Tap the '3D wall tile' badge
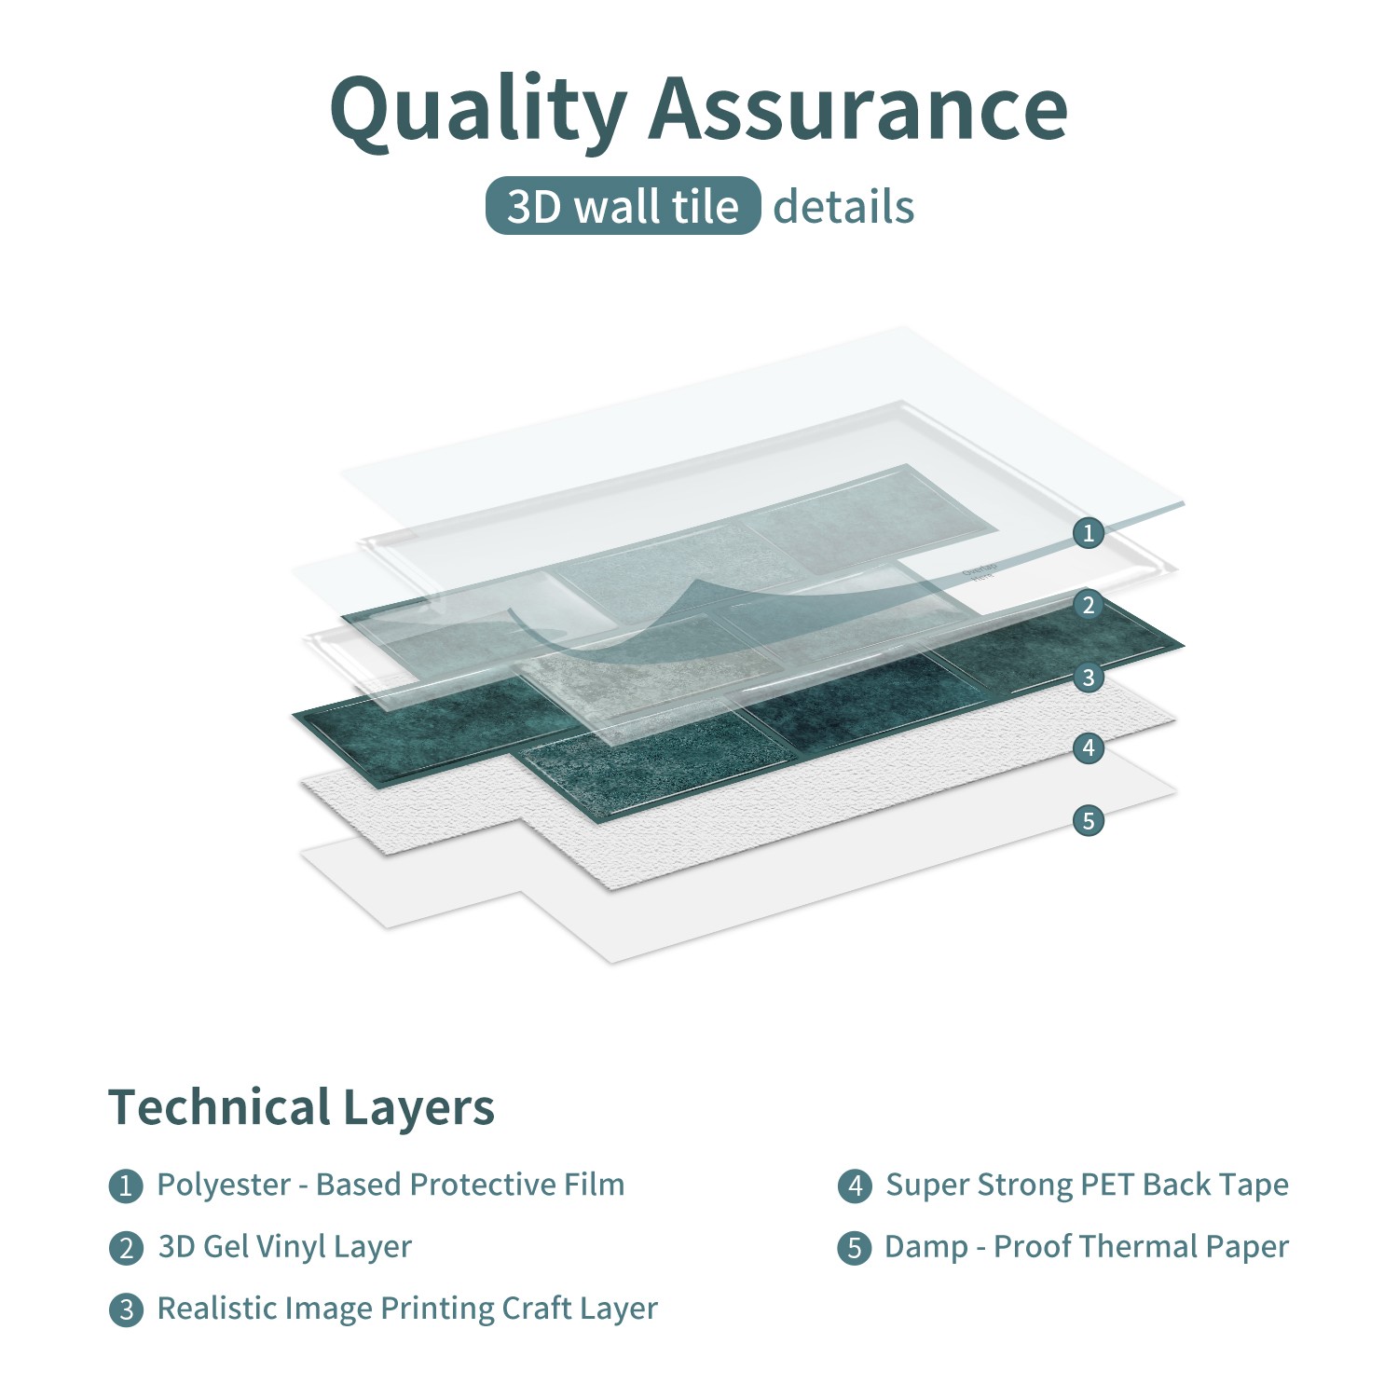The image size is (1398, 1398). point(623,206)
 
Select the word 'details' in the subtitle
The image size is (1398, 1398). point(843,207)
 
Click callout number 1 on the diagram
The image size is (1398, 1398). point(1088,533)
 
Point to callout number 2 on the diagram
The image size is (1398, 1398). point(1088,605)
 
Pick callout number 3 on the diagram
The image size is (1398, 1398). point(1088,677)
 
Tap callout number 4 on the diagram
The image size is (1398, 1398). point(1088,747)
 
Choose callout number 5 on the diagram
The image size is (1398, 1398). point(1088,820)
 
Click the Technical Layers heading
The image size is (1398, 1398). point(301,1107)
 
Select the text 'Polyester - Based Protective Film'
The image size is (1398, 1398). point(391,1185)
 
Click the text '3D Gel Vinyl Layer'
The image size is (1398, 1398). point(284,1247)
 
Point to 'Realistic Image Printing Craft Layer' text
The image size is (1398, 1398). point(407,1309)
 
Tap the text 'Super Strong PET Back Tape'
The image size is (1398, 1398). point(1087,1185)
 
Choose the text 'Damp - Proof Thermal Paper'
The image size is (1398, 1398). point(1087,1247)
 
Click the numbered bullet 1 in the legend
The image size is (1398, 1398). point(126,1186)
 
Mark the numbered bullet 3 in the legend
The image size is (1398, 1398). point(126,1310)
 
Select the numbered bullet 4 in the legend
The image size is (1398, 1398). point(855,1186)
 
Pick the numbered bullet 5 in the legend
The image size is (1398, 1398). point(855,1248)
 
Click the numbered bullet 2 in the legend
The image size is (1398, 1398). point(126,1248)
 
